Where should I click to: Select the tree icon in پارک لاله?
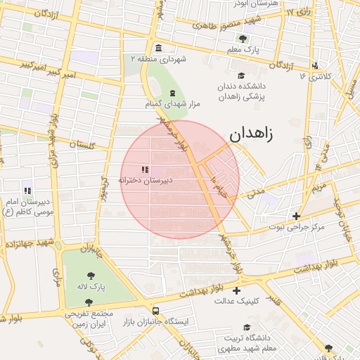click(91, 275)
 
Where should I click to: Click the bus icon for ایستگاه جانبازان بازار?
click(155, 311)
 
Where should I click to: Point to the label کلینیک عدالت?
click(237, 300)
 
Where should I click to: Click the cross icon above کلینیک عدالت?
click(237, 290)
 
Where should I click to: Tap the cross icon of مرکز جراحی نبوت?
click(297, 216)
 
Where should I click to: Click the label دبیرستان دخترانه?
click(145, 180)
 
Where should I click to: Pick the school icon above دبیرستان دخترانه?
click(145, 169)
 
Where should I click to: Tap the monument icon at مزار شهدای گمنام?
click(172, 94)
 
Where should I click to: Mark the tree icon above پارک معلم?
click(243, 39)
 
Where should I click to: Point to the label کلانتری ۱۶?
click(314, 75)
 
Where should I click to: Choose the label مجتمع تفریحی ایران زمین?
click(89, 319)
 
